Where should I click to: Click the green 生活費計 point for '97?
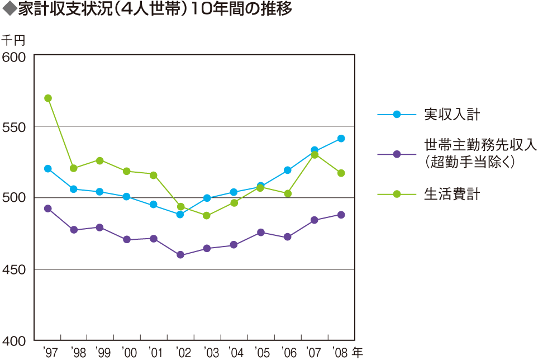[x=48, y=98]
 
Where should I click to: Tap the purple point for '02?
[x=180, y=255]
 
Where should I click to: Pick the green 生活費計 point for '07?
[x=315, y=155]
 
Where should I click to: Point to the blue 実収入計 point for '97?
[x=48, y=169]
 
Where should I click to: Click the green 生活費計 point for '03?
[x=207, y=216]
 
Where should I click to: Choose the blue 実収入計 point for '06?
[x=288, y=170]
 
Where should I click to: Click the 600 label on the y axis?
[x=15, y=56]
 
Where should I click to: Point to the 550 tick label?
[x=15, y=127]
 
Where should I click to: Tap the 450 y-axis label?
[x=15, y=270]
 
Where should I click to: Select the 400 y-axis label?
[x=15, y=340]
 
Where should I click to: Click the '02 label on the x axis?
[x=183, y=353]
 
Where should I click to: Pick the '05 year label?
[x=263, y=353]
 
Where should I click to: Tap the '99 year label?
[x=102, y=353]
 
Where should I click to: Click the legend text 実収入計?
[x=452, y=115]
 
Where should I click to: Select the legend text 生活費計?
[x=452, y=194]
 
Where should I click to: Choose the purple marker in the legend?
[x=397, y=154]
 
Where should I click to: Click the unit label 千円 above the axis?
[x=13, y=41]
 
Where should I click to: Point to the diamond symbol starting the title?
[x=9, y=10]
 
